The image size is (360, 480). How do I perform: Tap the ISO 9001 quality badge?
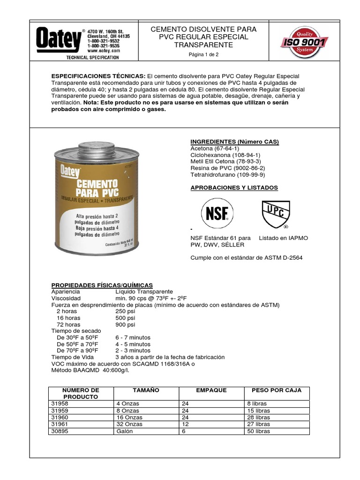click(304, 43)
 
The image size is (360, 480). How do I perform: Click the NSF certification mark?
click(217, 213)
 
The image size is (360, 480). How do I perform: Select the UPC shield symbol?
click(276, 214)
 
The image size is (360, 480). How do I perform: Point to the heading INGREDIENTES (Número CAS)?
click(234, 142)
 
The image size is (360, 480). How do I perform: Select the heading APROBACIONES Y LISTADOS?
click(234, 187)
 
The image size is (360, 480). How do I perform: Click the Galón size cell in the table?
click(124, 431)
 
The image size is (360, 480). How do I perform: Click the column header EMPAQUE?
click(211, 390)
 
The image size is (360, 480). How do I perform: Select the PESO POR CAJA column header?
click(277, 390)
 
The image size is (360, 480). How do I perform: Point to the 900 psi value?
click(125, 324)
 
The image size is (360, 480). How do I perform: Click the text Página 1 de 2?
click(203, 55)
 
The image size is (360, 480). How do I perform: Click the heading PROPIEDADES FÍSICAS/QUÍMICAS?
click(102, 285)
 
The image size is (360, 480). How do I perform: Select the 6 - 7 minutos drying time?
click(133, 337)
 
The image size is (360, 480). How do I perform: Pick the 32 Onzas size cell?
click(127, 424)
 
